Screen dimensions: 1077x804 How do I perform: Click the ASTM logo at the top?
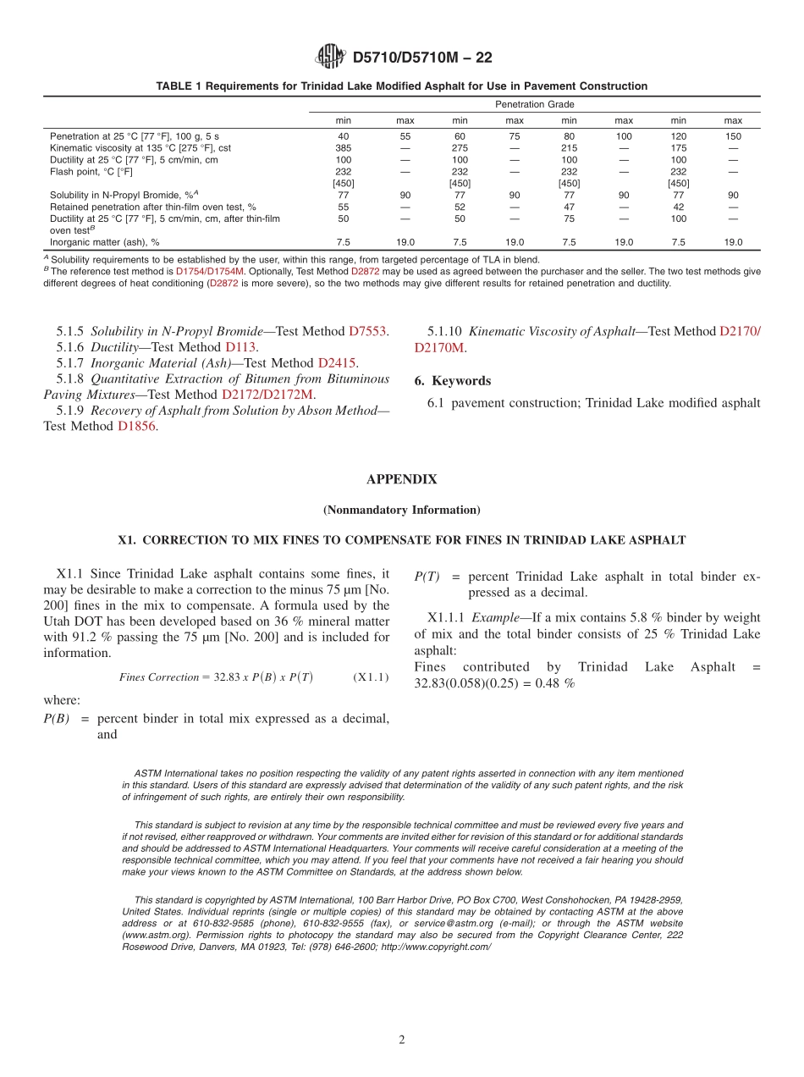(x=330, y=57)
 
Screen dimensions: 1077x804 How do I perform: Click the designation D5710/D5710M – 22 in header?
(x=421, y=58)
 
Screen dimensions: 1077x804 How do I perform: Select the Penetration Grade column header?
(x=534, y=104)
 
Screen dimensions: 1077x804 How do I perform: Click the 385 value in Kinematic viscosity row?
(x=343, y=147)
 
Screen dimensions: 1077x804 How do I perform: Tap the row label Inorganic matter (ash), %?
(x=104, y=241)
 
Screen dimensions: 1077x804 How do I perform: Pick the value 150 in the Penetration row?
(x=733, y=135)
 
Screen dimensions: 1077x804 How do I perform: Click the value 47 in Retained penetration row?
(x=569, y=207)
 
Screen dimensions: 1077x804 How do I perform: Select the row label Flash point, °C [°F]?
(x=91, y=171)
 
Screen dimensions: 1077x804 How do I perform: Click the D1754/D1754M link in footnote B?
(x=210, y=271)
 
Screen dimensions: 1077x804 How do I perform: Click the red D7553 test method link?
(x=368, y=331)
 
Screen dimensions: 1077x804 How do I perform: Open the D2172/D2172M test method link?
(x=267, y=395)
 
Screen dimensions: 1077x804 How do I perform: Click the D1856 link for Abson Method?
(x=136, y=426)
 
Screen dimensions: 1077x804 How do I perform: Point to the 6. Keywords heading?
(x=452, y=381)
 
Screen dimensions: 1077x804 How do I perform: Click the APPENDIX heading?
(x=401, y=479)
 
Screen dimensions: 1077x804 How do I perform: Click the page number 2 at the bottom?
(x=402, y=1040)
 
